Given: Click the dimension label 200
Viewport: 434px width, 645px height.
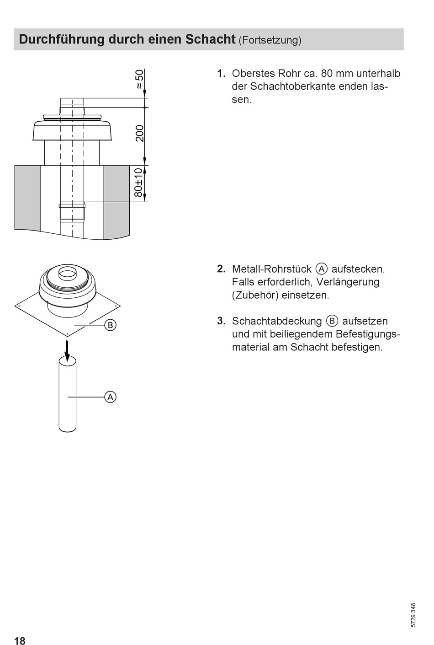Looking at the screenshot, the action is [139, 133].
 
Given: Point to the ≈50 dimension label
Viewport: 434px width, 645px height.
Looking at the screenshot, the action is [139, 79].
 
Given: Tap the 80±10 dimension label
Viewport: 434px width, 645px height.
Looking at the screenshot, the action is [138, 183].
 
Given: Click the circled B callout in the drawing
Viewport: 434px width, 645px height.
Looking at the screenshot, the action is [110, 325].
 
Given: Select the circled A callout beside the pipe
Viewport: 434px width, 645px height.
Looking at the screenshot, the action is [110, 397].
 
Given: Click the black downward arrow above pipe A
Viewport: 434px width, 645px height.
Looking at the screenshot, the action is [67, 351].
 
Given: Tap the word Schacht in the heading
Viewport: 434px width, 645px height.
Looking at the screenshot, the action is [210, 39].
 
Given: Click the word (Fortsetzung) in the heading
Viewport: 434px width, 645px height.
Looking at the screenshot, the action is [270, 40].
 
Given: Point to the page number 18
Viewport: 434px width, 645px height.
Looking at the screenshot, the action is [20, 641].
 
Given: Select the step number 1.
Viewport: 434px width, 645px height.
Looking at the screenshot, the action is [221, 74].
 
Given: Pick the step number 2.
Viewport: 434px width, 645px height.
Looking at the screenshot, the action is [221, 269].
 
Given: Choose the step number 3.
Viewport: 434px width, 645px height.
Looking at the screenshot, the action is [221, 321].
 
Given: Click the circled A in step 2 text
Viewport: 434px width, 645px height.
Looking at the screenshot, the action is [322, 269].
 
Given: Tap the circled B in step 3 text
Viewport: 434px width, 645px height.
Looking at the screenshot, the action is [332, 321].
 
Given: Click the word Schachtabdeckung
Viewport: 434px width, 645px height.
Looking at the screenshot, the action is [277, 321].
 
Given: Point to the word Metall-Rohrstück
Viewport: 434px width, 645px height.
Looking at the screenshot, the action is [272, 269].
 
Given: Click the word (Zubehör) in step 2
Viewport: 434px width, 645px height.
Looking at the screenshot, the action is [255, 296].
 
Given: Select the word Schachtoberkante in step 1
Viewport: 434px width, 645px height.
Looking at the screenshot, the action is [293, 86].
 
